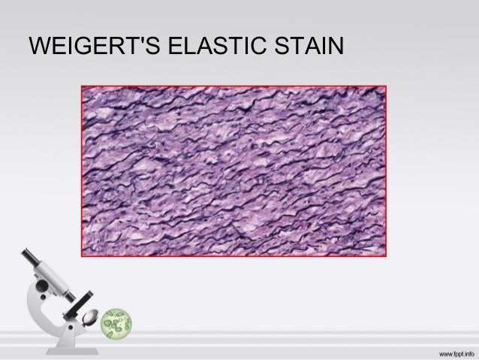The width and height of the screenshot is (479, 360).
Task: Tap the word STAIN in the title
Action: click(309, 47)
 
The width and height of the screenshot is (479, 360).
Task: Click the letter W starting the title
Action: click(38, 47)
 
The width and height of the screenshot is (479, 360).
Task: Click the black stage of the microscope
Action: click(77, 304)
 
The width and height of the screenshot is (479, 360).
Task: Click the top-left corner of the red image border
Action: click(82, 86)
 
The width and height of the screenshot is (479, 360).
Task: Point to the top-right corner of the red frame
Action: click(386, 86)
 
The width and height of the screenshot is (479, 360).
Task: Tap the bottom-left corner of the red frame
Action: click(82, 256)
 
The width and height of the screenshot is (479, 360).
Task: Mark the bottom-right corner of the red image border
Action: click(386, 256)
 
